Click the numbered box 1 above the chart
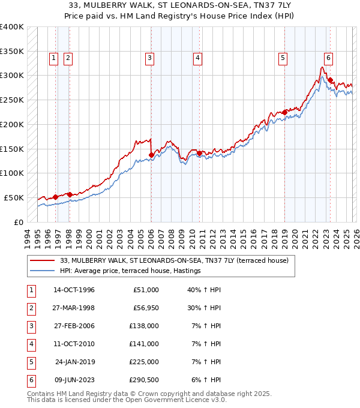point(53,58)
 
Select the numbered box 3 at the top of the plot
point(149,58)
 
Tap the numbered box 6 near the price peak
point(328,58)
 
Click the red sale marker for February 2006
point(151,155)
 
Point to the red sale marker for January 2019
point(284,112)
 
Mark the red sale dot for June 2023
point(330,80)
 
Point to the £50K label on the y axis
point(14,197)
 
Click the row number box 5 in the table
point(30,362)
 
